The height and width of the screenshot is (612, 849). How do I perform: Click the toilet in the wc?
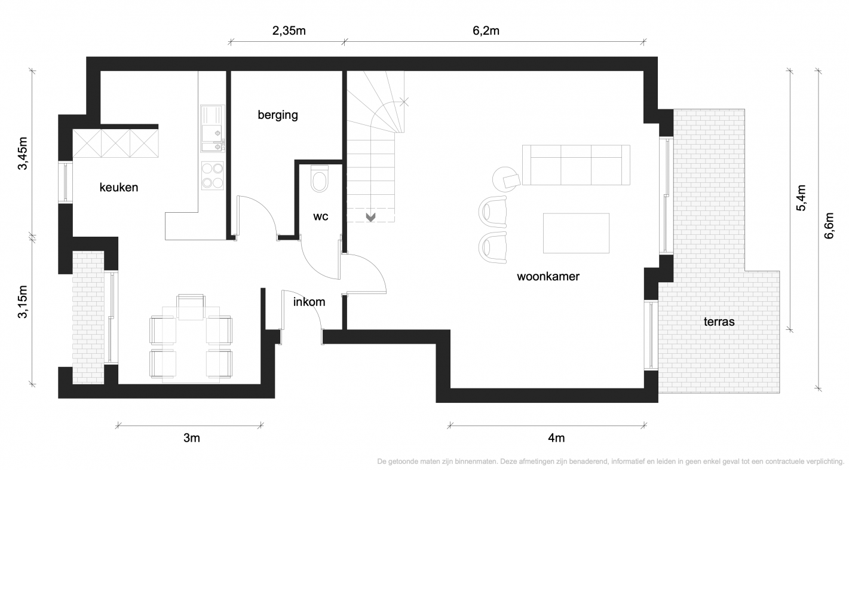click(x=320, y=178)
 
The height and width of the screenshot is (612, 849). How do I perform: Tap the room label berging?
click(x=278, y=115)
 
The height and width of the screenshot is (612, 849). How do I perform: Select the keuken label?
click(x=119, y=187)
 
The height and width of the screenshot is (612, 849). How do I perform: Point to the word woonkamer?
click(x=548, y=277)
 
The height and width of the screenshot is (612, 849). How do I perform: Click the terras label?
click(x=719, y=322)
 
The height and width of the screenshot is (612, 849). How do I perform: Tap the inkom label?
click(x=309, y=302)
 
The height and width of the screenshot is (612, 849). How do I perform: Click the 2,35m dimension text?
click(x=289, y=30)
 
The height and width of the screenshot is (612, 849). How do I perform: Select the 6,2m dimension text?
click(x=486, y=30)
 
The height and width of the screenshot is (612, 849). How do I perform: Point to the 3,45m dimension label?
click(x=23, y=153)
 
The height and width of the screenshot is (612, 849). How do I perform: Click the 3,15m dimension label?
click(x=23, y=302)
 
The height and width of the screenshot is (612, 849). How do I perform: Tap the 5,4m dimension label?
click(x=801, y=198)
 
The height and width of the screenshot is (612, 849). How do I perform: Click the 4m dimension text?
click(x=556, y=438)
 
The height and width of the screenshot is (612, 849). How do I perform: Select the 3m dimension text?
click(x=191, y=438)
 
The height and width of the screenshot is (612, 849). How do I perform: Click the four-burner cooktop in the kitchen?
click(x=213, y=176)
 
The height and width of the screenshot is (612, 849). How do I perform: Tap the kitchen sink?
click(x=212, y=128)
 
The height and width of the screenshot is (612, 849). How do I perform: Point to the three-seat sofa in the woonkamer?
click(x=576, y=165)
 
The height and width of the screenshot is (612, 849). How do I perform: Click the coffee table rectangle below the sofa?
click(x=576, y=233)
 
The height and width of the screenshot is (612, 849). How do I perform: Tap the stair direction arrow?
click(x=370, y=218)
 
